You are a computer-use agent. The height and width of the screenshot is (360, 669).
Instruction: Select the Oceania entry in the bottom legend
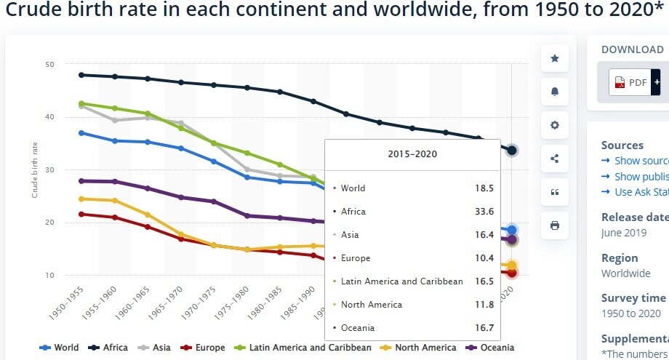pos(490,348)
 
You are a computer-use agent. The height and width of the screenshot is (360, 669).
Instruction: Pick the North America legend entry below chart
pos(418,348)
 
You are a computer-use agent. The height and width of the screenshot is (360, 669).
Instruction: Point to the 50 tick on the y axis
pos(49,65)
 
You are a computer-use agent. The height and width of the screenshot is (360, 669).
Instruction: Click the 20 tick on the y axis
pos(49,223)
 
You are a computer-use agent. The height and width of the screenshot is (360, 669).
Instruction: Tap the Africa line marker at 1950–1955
pos(81,75)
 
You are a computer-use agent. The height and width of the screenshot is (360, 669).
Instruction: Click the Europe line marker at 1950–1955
pos(81,214)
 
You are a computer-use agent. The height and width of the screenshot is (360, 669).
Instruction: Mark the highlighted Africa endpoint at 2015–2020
pos(512,150)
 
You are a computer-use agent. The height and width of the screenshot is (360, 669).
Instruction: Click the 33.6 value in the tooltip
pos(484,212)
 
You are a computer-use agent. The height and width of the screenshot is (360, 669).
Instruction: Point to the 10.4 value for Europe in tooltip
pos(484,258)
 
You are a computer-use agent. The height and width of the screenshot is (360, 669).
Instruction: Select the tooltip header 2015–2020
pos(412,154)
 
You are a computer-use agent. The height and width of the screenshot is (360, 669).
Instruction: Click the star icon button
pos(555,58)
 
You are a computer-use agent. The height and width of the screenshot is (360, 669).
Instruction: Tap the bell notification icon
pos(555,91)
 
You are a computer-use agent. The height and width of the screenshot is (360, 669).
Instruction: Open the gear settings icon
pos(555,125)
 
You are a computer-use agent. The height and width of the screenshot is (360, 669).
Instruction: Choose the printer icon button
pos(555,225)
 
